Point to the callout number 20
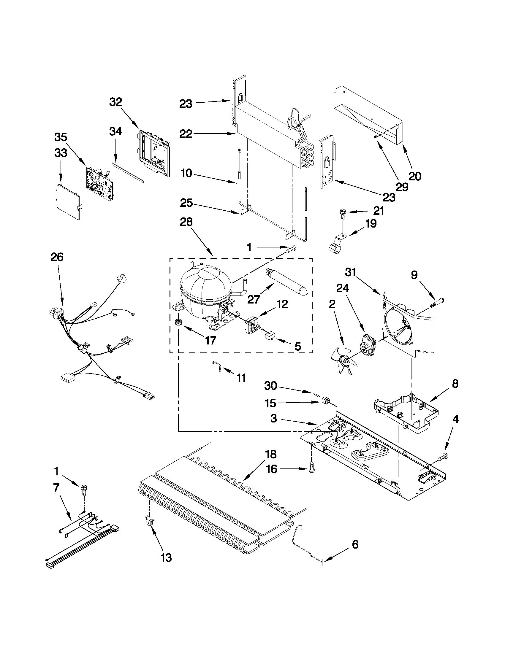(415, 176)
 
